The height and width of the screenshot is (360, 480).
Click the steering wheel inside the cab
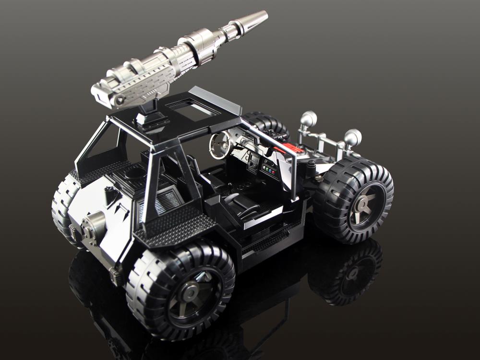click(x=222, y=144)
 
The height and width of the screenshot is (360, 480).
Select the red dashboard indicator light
click(x=274, y=171)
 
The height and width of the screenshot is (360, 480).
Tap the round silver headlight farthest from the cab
click(x=353, y=137)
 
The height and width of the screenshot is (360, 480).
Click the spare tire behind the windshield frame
click(x=267, y=125)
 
